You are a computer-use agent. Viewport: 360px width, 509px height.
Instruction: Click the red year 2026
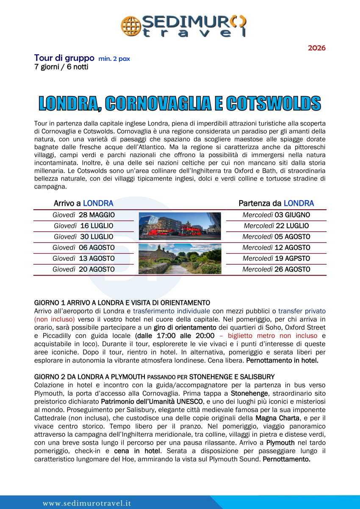pos(316,48)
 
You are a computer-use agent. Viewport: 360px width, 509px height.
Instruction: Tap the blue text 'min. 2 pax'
pos(114,59)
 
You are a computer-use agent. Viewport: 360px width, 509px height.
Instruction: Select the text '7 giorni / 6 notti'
pos(61,67)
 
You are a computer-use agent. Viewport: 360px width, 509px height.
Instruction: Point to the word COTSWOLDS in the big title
pos(273,104)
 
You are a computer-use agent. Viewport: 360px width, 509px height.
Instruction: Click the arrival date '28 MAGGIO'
pos(97,215)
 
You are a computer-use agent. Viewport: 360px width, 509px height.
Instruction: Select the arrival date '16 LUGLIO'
pos(97,226)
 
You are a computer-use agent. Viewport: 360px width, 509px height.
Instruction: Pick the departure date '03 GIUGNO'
pos(292,215)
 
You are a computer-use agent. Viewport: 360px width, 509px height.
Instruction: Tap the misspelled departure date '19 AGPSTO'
pos(292,258)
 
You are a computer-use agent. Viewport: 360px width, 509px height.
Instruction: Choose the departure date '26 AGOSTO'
pos(292,269)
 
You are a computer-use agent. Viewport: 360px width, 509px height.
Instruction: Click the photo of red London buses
pos(180,226)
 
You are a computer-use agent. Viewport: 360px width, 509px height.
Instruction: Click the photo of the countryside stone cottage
pos(180,258)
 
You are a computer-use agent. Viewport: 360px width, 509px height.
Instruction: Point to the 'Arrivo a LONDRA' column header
pos(83,203)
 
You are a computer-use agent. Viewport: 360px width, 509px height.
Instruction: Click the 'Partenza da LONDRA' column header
pos(276,203)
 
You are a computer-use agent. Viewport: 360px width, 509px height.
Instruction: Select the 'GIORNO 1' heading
pos(122,303)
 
